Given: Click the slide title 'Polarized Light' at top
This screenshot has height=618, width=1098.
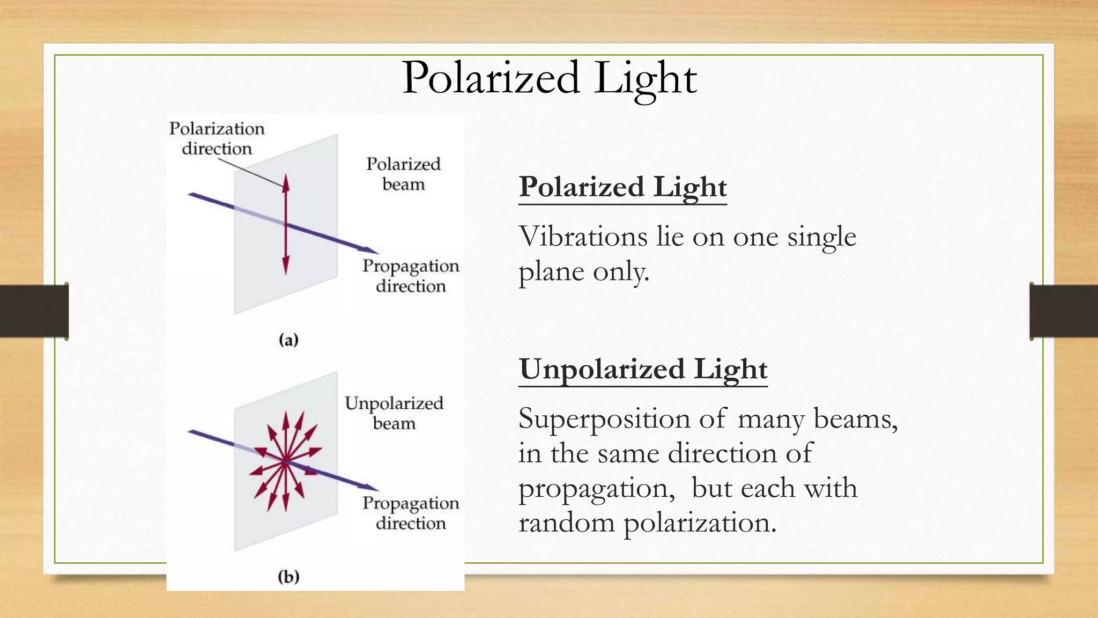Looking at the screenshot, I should point(549,78).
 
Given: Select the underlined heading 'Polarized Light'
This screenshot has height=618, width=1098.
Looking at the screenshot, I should point(622,187).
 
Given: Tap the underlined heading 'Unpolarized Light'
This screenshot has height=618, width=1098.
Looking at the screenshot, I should point(643,370).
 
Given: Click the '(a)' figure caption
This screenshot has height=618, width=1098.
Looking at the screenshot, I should point(288,340).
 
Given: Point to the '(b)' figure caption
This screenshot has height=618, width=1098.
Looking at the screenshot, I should point(288,577).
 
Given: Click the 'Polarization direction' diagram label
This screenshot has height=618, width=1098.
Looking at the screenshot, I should point(217,138).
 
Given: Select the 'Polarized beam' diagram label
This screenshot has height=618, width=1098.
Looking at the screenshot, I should point(403,174).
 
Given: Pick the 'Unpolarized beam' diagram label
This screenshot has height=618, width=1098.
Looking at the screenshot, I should point(394,413).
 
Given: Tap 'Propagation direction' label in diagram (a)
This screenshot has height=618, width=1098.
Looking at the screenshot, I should point(411,276).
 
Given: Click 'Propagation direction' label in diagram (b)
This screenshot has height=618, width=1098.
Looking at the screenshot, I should point(411,513).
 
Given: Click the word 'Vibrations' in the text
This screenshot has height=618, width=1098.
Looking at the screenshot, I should point(583,237).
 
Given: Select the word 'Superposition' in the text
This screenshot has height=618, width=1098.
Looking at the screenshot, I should point(604,419).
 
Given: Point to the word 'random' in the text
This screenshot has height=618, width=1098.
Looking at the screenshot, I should point(566,523).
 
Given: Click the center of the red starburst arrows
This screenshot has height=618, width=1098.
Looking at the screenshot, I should point(285,460).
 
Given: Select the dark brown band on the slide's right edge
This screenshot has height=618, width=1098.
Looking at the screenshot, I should point(1064,311).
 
